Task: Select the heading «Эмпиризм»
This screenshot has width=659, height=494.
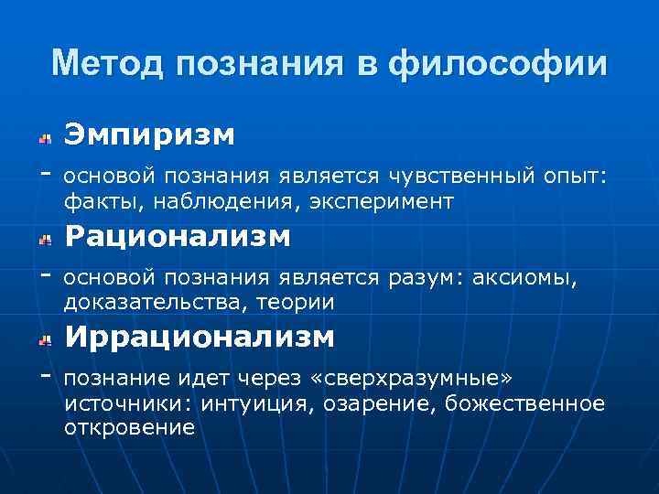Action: coord(149,135)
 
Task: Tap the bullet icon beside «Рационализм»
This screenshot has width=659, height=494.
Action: coord(43,240)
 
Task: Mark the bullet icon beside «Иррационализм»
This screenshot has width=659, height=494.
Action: coord(43,340)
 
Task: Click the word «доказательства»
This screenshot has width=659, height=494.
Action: coord(146,301)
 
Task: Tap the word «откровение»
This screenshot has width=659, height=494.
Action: coord(129,427)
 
